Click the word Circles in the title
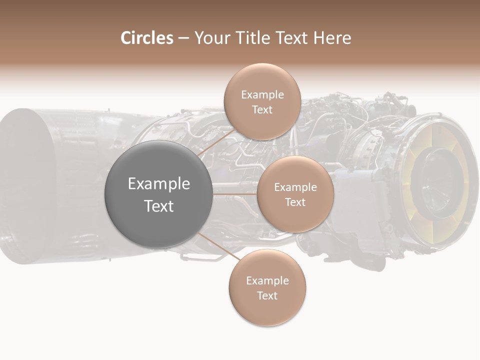pos(146,38)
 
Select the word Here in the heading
pos(331,38)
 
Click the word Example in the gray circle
pos(159,184)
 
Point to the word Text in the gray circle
pos(159,206)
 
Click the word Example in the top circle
pos(262,95)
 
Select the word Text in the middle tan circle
pos(295,202)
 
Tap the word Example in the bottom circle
pos(267,281)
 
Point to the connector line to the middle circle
pos(234,194)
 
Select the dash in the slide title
pos(183,38)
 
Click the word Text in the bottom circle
pos(267,296)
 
